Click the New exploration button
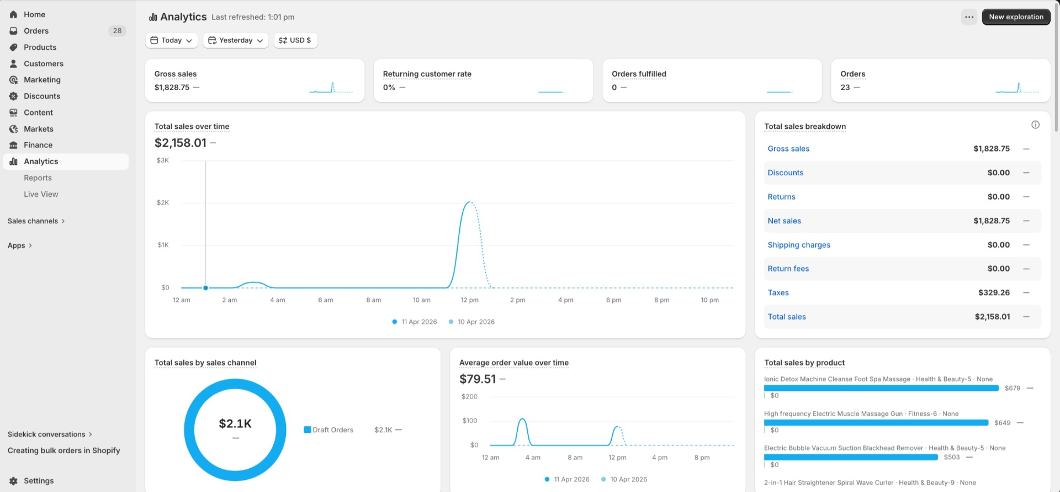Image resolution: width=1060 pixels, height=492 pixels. click(x=1016, y=17)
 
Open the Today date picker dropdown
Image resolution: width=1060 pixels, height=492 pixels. click(x=172, y=40)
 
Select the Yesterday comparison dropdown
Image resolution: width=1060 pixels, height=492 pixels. click(x=236, y=40)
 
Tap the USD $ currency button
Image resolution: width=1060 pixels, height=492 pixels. click(x=295, y=40)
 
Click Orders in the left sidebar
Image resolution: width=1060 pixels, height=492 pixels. click(x=36, y=31)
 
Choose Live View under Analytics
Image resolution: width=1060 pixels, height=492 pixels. click(x=41, y=194)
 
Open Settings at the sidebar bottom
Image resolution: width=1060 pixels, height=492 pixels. click(x=39, y=481)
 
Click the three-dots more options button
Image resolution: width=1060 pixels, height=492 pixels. click(x=969, y=17)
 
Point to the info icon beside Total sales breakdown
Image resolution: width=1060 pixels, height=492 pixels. click(x=1035, y=125)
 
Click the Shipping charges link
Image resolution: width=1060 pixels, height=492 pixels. click(x=799, y=245)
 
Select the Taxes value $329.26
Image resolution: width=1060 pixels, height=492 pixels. click(x=994, y=292)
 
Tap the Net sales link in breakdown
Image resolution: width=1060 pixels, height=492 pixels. click(x=784, y=221)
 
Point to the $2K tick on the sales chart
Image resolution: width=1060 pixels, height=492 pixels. click(x=163, y=203)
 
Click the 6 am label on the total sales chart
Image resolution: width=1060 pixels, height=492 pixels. click(x=325, y=300)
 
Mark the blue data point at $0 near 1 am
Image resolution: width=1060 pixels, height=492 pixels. click(x=205, y=288)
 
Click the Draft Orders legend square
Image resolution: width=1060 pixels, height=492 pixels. click(x=308, y=430)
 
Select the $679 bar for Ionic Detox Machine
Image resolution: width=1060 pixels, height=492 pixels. click(x=881, y=388)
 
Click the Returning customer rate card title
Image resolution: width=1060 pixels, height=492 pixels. click(x=427, y=74)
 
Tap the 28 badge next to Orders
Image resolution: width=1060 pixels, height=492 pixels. click(x=117, y=31)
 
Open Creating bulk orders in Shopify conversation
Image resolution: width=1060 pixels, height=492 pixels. click(x=63, y=451)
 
